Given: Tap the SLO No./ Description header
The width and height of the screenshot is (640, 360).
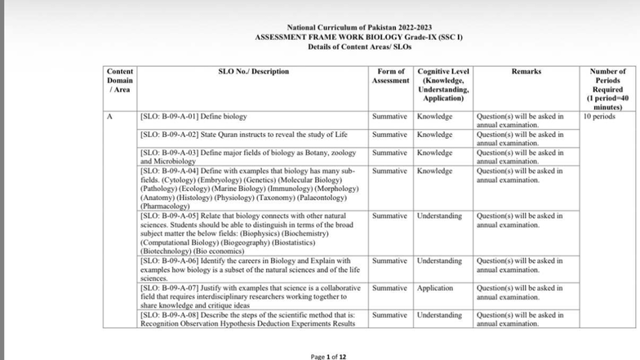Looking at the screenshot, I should point(254,72).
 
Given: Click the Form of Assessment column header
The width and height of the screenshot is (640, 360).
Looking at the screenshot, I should point(389,76).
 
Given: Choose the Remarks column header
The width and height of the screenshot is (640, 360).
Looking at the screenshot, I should point(526,72).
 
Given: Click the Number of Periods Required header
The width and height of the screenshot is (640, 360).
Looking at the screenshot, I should point(607,89).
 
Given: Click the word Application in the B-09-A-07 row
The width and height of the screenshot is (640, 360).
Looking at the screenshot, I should point(435,288).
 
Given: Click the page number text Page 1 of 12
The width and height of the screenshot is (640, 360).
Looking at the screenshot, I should point(329,357).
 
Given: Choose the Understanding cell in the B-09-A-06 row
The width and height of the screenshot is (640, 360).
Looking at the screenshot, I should point(440,260).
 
